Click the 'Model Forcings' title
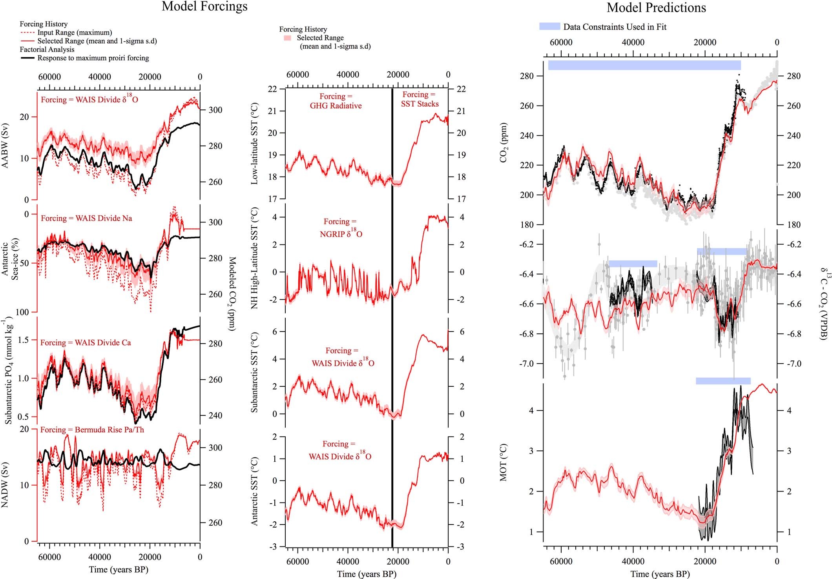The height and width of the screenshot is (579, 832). coord(204,7)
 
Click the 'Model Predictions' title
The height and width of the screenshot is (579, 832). coord(656,7)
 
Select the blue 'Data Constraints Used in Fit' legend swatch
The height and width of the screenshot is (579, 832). coord(549,26)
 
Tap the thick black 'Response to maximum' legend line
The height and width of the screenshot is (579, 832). coord(27,58)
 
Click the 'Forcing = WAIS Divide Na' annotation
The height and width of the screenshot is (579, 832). coord(86,218)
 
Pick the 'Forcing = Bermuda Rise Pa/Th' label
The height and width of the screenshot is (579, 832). coord(92,430)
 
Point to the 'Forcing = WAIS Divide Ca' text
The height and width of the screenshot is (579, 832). coord(86,343)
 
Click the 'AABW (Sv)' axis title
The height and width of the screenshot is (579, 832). coord(5,146)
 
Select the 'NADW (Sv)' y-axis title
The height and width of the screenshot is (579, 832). coord(5,486)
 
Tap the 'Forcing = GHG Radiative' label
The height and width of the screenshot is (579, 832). coord(336,101)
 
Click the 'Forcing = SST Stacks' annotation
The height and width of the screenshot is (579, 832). coord(419,99)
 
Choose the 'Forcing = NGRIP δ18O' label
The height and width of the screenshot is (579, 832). coord(341,228)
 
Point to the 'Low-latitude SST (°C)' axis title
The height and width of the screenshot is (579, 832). coord(255,144)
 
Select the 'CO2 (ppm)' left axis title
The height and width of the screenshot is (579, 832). coord(503,143)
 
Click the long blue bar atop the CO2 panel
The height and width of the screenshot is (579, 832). coord(644,65)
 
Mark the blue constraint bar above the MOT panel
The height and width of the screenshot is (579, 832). coord(723,381)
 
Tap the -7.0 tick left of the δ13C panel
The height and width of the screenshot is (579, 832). coord(527,364)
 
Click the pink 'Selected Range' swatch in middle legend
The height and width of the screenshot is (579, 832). coord(288,38)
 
